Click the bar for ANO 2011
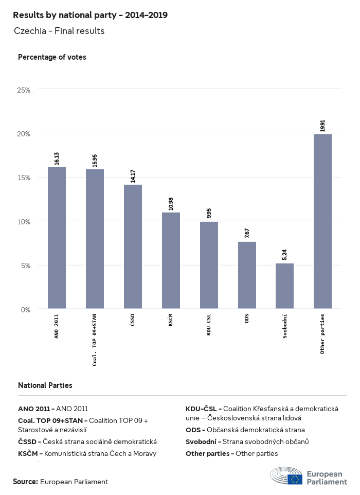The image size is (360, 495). click(57, 238)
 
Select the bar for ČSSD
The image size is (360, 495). click(133, 246)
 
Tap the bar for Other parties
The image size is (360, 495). click(322, 221)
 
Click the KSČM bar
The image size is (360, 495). click(171, 260)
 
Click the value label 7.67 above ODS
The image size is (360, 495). click(247, 232)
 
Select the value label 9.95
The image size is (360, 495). click(209, 213)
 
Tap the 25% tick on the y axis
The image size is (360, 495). click(24, 90)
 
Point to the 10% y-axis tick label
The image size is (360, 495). click(24, 221)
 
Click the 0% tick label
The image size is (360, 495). click(26, 309)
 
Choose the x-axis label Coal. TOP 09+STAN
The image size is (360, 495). click(95, 339)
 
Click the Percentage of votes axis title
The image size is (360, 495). click(52, 57)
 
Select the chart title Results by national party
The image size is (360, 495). click(90, 15)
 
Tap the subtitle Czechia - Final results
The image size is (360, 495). click(59, 31)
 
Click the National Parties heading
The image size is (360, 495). click(45, 385)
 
